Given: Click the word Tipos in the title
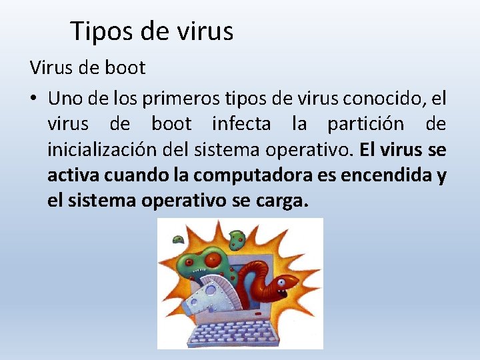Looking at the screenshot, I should [97, 31].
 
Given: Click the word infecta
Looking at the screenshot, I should [241, 124].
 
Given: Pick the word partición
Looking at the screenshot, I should [365, 124].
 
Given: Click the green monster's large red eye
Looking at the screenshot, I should [213, 260].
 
